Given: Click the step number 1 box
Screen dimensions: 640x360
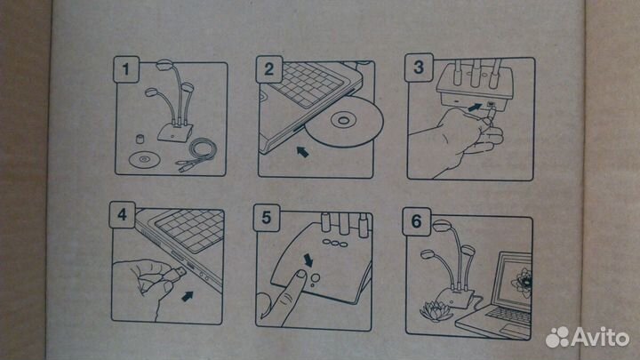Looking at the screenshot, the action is (x=126, y=69).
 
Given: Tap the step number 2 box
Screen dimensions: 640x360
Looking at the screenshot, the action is (x=269, y=69).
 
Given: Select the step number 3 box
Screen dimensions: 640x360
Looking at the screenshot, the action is (x=419, y=68).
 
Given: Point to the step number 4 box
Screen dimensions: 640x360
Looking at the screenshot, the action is (x=123, y=214).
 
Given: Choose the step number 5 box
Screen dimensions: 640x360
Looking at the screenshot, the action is (x=267, y=218).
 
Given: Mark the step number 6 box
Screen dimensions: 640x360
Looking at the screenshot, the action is (x=416, y=221).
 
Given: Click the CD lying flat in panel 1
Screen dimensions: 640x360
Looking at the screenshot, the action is (x=143, y=159).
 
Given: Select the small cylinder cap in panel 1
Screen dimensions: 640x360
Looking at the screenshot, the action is (x=140, y=139).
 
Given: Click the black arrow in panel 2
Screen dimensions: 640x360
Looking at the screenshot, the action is (x=302, y=152).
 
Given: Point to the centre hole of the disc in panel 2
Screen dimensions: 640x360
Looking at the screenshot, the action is (x=343, y=121).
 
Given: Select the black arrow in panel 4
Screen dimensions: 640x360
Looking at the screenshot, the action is (x=188, y=296).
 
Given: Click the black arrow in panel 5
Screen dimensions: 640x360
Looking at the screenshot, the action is (x=308, y=260).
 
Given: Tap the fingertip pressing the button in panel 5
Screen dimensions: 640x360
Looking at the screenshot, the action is (x=300, y=276).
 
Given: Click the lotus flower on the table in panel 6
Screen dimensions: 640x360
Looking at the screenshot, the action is (x=436, y=311).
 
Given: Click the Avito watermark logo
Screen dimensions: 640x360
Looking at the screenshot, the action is (x=588, y=337).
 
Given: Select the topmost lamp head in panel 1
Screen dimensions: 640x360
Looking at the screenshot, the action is (x=165, y=64).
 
